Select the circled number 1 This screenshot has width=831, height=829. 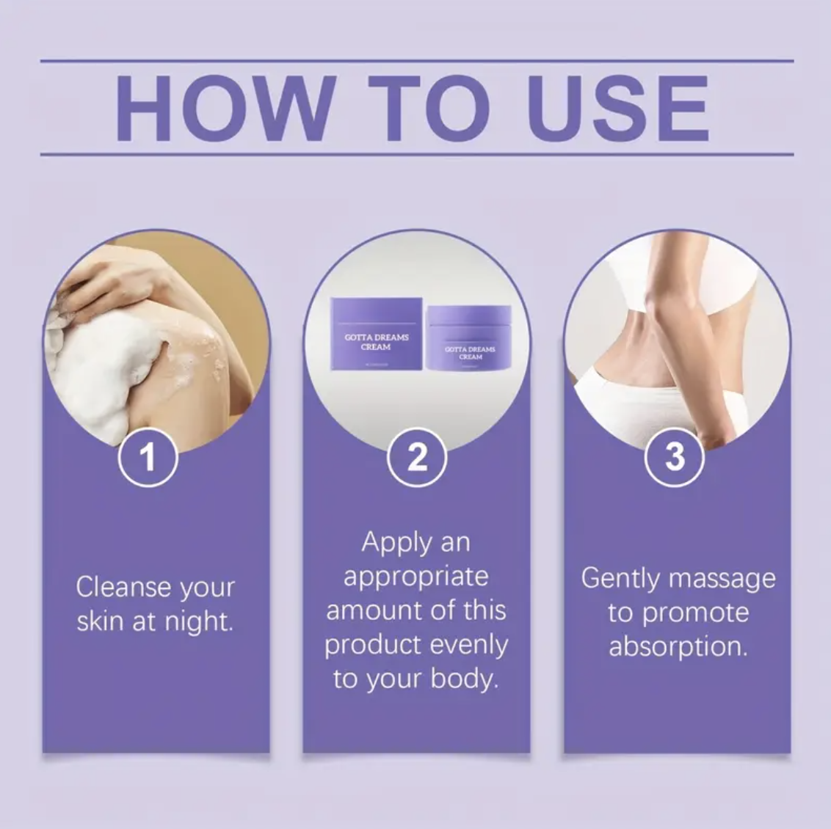point(148,458)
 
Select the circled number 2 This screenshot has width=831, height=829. point(417,458)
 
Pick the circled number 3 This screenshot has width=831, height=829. point(674,458)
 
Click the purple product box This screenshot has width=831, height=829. point(377,334)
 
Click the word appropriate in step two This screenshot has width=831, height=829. point(416,577)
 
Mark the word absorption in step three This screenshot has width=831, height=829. point(678,646)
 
